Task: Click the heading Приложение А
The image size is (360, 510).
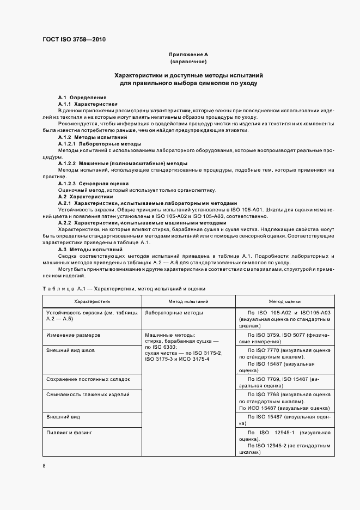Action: click(188, 55)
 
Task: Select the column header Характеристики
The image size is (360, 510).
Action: click(92, 301)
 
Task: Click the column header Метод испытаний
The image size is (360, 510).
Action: click(188, 301)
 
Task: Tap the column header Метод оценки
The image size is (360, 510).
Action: click(285, 301)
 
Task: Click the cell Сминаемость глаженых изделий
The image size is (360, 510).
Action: click(88, 393)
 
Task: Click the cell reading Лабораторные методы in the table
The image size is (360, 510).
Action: click(174, 313)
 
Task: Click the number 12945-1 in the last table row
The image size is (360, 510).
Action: click(284, 433)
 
